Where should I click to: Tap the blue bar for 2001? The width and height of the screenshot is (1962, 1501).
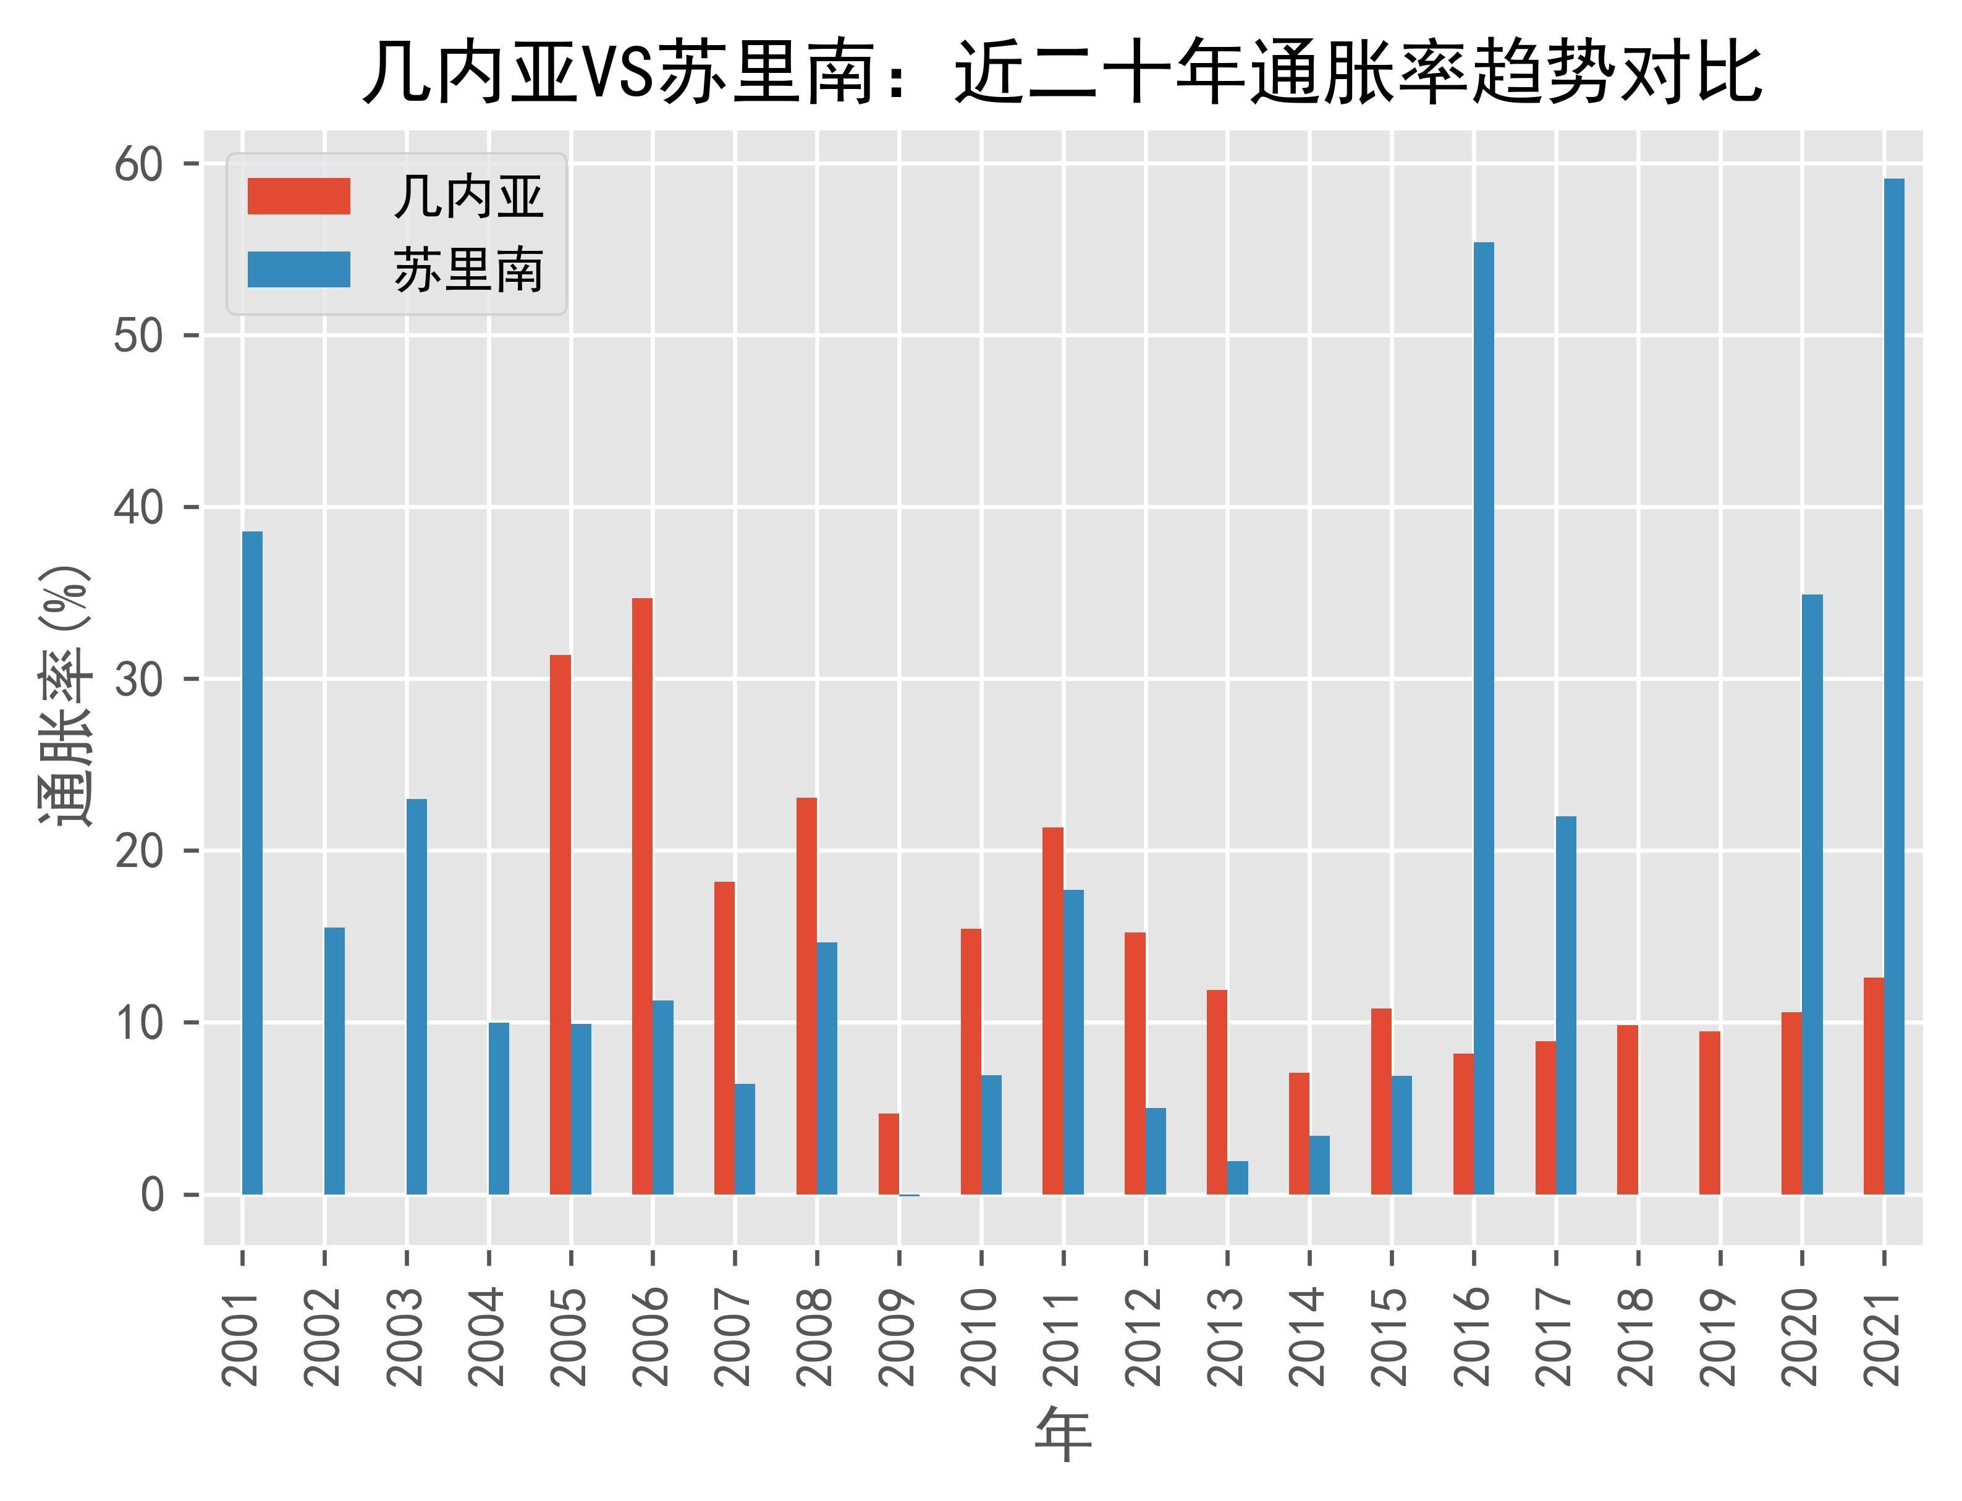[x=252, y=863]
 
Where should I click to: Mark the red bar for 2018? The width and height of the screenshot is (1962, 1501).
[x=1627, y=1110]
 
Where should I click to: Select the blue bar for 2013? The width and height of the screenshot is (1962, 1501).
[x=1237, y=1178]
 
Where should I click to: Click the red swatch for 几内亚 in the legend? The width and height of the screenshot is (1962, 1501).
[x=298, y=196]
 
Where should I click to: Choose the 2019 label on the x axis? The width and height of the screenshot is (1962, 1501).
[x=1720, y=1337]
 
